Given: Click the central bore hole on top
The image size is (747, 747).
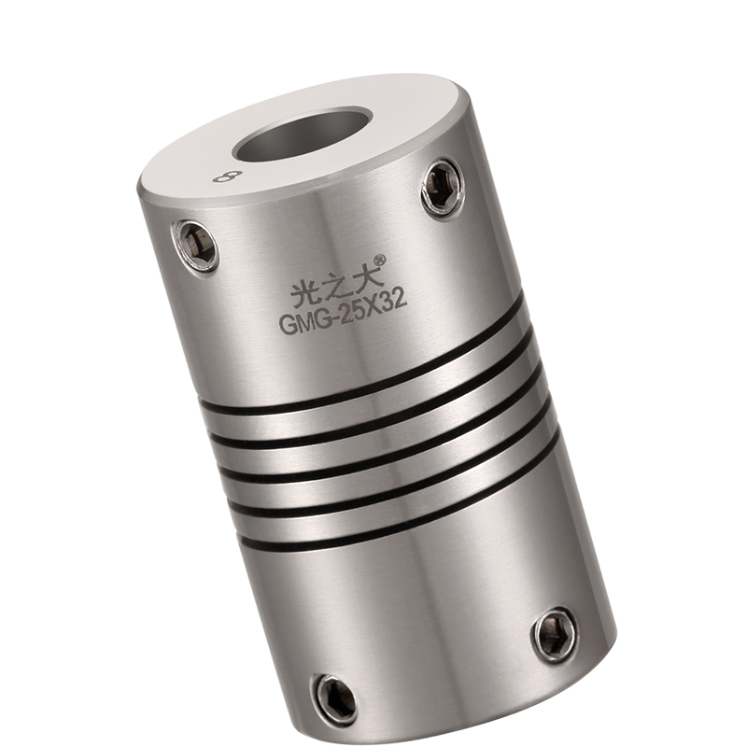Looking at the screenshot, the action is click(x=303, y=140).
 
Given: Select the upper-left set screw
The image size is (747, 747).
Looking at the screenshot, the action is click(x=196, y=247).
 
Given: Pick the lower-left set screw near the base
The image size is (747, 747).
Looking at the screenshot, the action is click(x=336, y=698).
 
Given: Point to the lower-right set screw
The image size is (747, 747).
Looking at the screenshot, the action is click(x=555, y=637).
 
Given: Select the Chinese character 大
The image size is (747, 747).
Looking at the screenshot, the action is click(x=364, y=275).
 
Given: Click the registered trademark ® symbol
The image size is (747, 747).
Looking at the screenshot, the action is click(x=380, y=260).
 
